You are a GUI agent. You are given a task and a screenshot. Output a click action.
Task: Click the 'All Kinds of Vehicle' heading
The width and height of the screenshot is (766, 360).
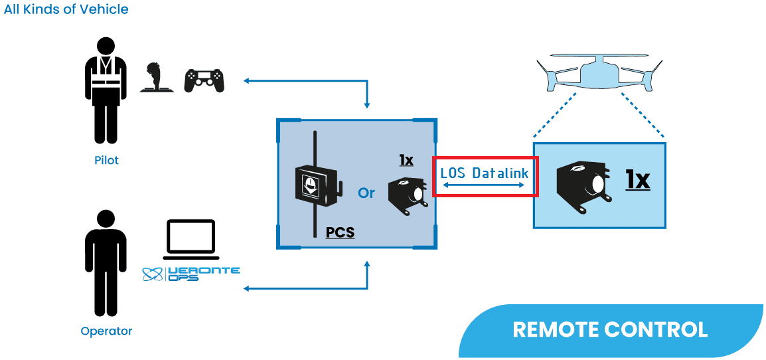point(66,10)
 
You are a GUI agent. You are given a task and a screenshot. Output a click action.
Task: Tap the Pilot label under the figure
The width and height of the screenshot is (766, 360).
point(106,160)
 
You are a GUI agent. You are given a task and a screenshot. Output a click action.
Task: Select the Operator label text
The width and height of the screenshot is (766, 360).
point(106,331)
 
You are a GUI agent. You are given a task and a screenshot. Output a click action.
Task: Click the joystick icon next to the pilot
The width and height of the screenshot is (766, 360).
point(155,77)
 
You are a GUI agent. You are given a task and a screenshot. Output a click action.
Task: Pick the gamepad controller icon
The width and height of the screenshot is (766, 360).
point(204,80)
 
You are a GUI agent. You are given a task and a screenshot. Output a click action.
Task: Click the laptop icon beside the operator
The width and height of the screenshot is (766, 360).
point(191,239)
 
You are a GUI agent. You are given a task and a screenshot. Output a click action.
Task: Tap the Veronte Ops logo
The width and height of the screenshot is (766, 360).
point(192,274)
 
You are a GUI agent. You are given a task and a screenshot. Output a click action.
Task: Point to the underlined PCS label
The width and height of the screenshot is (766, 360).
point(340,233)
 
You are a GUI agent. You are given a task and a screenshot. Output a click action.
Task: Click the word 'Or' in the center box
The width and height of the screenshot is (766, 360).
point(366,193)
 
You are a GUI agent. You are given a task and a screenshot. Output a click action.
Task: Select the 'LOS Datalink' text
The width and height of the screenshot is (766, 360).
point(485,173)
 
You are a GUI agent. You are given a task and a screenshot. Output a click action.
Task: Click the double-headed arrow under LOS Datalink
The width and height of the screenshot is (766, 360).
point(485,188)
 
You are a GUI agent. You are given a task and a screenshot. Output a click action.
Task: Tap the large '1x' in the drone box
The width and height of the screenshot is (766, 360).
point(637,180)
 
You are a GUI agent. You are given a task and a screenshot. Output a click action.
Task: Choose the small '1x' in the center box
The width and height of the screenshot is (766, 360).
point(406,160)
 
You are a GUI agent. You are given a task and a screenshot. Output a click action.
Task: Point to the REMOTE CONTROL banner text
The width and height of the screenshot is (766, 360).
point(610,329)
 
